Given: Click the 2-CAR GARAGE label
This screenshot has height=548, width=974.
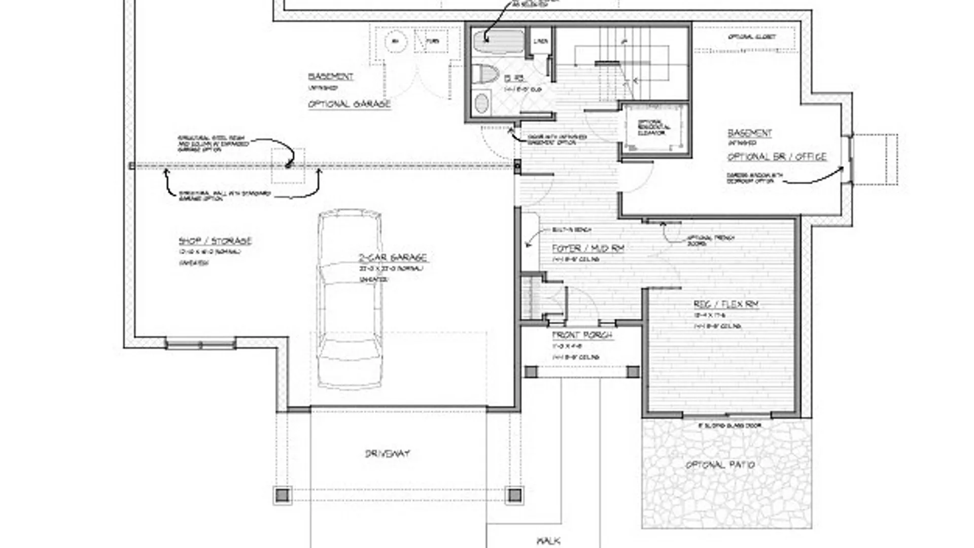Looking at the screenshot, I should pyautogui.click(x=393, y=258).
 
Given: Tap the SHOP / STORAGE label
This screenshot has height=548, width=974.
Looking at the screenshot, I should pyautogui.click(x=215, y=241).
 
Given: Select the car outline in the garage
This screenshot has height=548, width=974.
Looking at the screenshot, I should pyautogui.click(x=349, y=299).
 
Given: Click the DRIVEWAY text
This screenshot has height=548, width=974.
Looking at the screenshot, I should pyautogui.click(x=388, y=454).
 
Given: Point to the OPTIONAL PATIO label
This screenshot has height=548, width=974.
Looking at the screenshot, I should pyautogui.click(x=720, y=465).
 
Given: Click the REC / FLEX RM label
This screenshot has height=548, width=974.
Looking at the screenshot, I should pyautogui.click(x=726, y=304).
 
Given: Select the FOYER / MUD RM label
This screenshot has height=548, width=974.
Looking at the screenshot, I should pyautogui.click(x=588, y=249).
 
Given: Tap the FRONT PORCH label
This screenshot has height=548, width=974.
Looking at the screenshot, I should pyautogui.click(x=582, y=335).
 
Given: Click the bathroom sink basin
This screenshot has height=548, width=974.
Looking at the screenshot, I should pyautogui.click(x=481, y=104).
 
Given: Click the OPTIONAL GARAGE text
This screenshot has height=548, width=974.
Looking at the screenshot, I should pyautogui.click(x=350, y=104).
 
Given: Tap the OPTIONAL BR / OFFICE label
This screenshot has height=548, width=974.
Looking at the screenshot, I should pyautogui.click(x=777, y=157).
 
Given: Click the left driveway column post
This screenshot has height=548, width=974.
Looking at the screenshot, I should pyautogui.click(x=283, y=495).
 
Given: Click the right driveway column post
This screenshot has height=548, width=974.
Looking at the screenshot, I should pyautogui.click(x=514, y=495).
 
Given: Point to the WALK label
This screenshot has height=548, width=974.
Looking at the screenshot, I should pyautogui.click(x=548, y=541).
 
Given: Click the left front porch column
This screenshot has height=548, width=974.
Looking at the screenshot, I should pyautogui.click(x=531, y=372).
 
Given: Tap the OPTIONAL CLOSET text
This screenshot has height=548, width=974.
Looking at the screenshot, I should pyautogui.click(x=752, y=37).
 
